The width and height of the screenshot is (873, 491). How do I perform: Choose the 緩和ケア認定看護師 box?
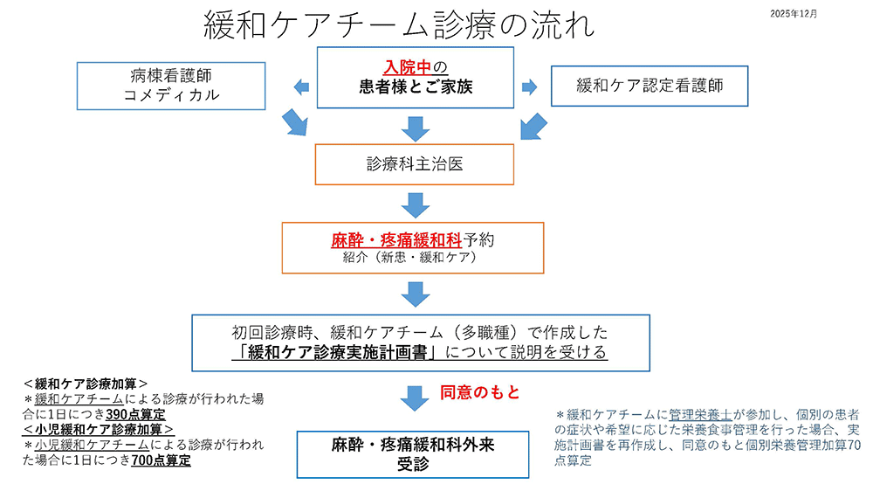(x=650, y=86)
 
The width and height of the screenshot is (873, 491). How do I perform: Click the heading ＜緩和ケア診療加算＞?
(x=85, y=383)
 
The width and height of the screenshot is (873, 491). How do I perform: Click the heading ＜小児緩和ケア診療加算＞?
(x=98, y=429)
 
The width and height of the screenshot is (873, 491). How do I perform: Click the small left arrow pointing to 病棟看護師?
(x=300, y=86)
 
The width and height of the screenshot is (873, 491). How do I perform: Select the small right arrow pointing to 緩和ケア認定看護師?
(x=528, y=86)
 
